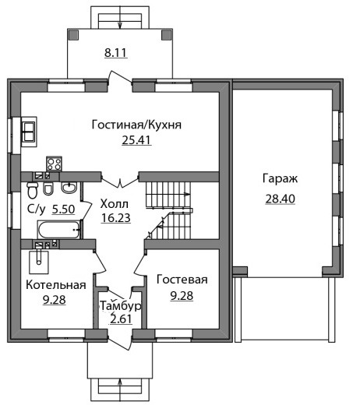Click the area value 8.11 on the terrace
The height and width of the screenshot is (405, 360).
[x=116, y=53]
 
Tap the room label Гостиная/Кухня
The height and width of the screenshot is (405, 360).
[x=136, y=125]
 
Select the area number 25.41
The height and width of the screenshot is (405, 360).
[x=136, y=140]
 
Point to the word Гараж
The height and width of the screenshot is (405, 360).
[x=280, y=179]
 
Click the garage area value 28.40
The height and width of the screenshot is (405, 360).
[x=281, y=199]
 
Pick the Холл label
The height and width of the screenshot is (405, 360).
[x=115, y=204]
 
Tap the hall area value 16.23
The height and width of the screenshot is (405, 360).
[x=116, y=218]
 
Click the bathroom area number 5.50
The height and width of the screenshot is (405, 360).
[x=63, y=209]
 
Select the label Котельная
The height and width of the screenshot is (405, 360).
[x=56, y=285]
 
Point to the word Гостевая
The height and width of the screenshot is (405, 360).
[x=182, y=280]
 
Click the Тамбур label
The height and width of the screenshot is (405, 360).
[x=121, y=306]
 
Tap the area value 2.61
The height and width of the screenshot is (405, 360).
[x=121, y=319]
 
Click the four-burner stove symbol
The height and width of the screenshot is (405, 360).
[x=54, y=164]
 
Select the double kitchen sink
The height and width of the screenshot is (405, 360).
[x=29, y=132]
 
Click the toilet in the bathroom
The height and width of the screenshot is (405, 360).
[x=32, y=190]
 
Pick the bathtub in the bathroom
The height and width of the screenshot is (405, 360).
[x=58, y=229]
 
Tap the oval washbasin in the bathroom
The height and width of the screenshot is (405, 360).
[x=69, y=188]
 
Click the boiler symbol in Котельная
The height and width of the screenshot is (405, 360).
[x=39, y=262]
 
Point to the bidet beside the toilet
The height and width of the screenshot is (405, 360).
[x=48, y=188]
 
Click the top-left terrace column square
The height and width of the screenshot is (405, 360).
[x=73, y=34]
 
